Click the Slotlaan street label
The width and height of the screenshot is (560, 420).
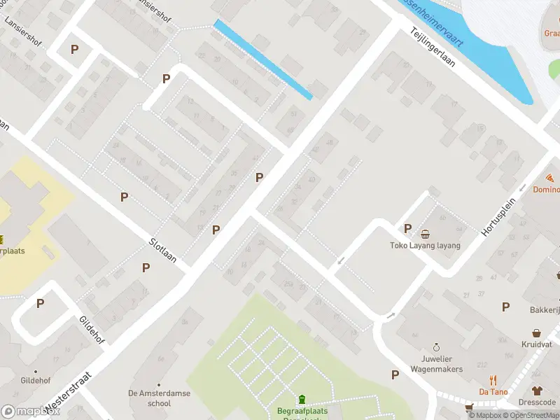[162, 251]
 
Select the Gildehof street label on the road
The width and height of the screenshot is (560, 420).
[92, 329]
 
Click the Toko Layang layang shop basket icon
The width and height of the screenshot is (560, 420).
[425, 234]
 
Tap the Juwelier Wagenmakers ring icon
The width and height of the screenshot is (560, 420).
[436, 346]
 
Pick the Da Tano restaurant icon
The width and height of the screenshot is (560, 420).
[493, 380]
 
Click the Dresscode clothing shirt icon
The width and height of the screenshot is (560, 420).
[537, 391]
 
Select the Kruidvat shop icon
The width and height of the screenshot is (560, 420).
[537, 333]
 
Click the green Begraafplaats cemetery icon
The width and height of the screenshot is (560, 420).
[302, 399]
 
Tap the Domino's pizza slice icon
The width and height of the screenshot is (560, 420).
[552, 178]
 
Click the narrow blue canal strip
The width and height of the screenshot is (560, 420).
[262, 59]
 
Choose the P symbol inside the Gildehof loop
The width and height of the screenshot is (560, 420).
[41, 304]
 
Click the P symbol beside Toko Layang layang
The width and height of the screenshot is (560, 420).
[407, 228]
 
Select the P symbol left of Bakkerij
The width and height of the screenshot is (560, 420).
[505, 306]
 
